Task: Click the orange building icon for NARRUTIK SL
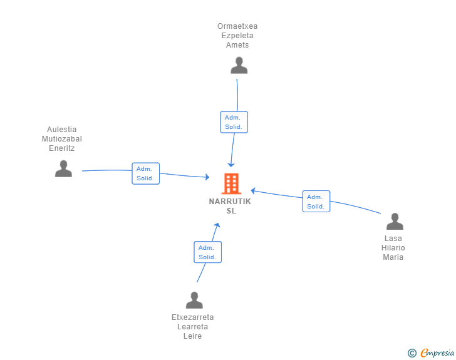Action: (232, 183)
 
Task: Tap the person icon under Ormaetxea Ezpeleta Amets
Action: (239, 66)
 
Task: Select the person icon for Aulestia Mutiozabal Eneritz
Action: (63, 168)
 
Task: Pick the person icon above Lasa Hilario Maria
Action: (395, 221)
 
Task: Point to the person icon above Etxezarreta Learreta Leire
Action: (194, 300)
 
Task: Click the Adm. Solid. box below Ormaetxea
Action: (234, 122)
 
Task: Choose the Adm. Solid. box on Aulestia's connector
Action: (146, 173)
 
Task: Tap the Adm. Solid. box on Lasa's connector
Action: (316, 202)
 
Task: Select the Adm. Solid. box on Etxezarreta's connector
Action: (208, 252)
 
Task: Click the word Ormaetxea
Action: (237, 26)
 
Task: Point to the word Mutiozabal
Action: (62, 139)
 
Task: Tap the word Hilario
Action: (393, 248)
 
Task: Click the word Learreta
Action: (192, 327)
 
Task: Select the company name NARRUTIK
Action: (230, 202)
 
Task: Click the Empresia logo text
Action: (437, 352)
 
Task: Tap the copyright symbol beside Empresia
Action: (412, 353)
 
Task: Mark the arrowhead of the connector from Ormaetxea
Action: (231, 165)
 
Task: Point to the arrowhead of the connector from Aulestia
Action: (207, 177)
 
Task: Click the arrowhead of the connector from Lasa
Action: (253, 191)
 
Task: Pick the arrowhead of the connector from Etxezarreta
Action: (217, 225)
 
